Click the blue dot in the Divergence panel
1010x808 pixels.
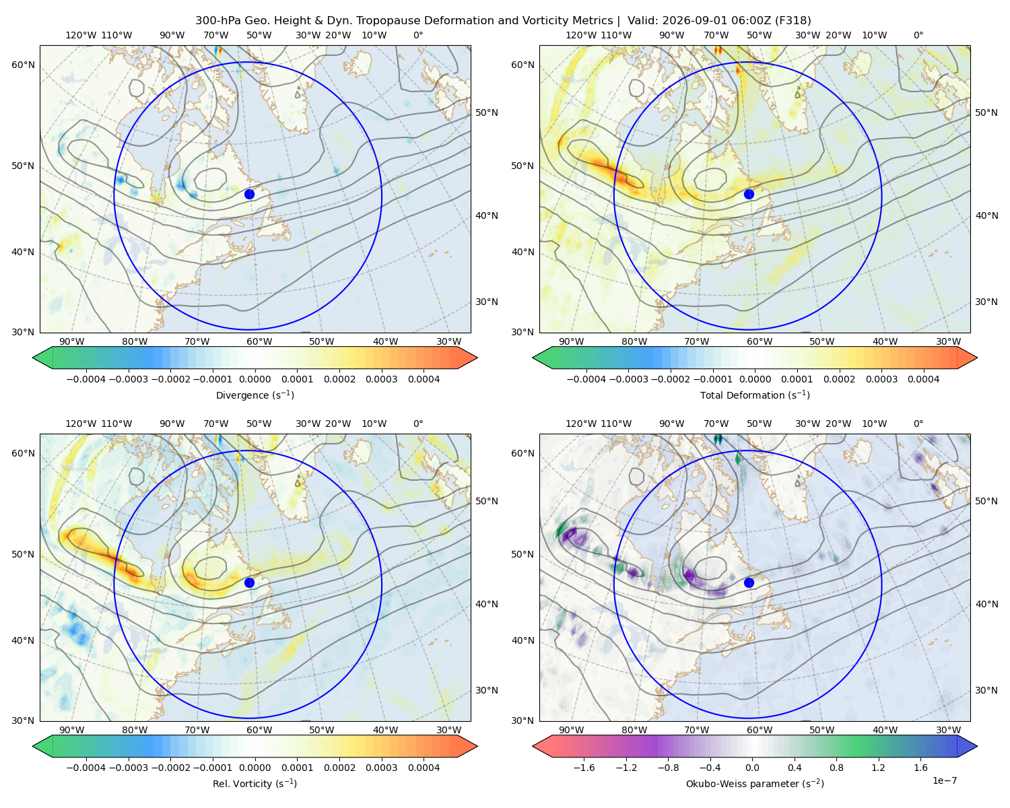click(x=249, y=194)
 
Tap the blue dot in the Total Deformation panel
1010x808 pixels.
click(x=749, y=194)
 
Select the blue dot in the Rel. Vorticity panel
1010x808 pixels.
click(x=249, y=582)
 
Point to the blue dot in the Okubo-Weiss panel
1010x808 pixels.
click(x=749, y=582)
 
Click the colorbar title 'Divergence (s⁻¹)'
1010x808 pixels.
click(x=255, y=395)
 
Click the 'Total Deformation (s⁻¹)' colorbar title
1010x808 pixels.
click(x=755, y=395)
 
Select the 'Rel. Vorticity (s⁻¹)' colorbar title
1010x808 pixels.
click(x=255, y=784)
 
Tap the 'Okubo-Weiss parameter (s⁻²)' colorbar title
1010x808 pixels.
click(x=755, y=784)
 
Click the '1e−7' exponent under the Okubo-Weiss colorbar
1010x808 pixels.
click(x=944, y=780)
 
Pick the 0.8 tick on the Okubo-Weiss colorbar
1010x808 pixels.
click(x=836, y=768)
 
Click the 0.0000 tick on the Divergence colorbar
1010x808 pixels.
click(x=255, y=379)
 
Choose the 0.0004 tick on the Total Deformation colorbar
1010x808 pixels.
click(x=924, y=379)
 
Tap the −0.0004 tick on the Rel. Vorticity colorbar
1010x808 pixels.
click(x=86, y=768)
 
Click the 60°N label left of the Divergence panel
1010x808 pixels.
click(x=23, y=65)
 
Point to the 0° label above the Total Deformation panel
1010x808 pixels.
click(x=918, y=35)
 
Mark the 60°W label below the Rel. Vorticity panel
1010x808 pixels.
click(x=259, y=730)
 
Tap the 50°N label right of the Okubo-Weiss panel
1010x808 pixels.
click(x=986, y=502)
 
